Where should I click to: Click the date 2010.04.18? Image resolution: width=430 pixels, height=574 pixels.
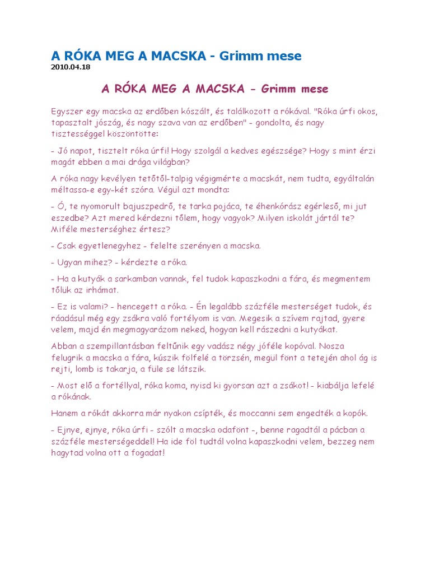pyautogui.click(x=71, y=67)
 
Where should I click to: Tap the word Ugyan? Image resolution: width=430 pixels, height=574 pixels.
pyautogui.click(x=71, y=262)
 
